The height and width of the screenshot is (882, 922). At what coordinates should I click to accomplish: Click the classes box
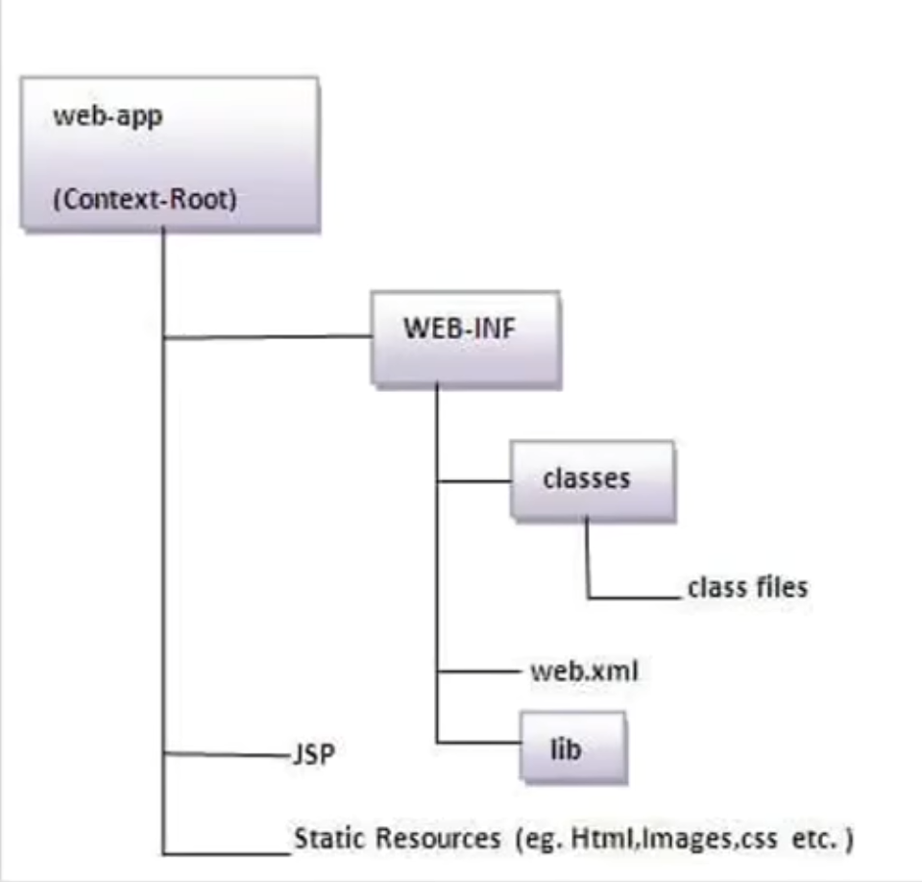(592, 480)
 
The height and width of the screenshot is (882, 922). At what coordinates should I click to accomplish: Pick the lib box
(573, 748)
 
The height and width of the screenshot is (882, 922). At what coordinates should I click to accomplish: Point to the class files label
(747, 587)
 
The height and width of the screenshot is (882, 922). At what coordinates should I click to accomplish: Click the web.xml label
(584, 671)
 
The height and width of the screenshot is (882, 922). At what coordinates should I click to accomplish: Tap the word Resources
(437, 838)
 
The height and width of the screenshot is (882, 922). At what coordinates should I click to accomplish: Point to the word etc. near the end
(812, 838)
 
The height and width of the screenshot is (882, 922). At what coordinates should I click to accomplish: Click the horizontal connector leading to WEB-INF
(269, 337)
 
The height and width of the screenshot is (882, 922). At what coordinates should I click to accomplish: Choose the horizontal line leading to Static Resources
(227, 852)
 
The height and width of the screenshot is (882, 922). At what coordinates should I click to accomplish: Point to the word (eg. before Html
(541, 838)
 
